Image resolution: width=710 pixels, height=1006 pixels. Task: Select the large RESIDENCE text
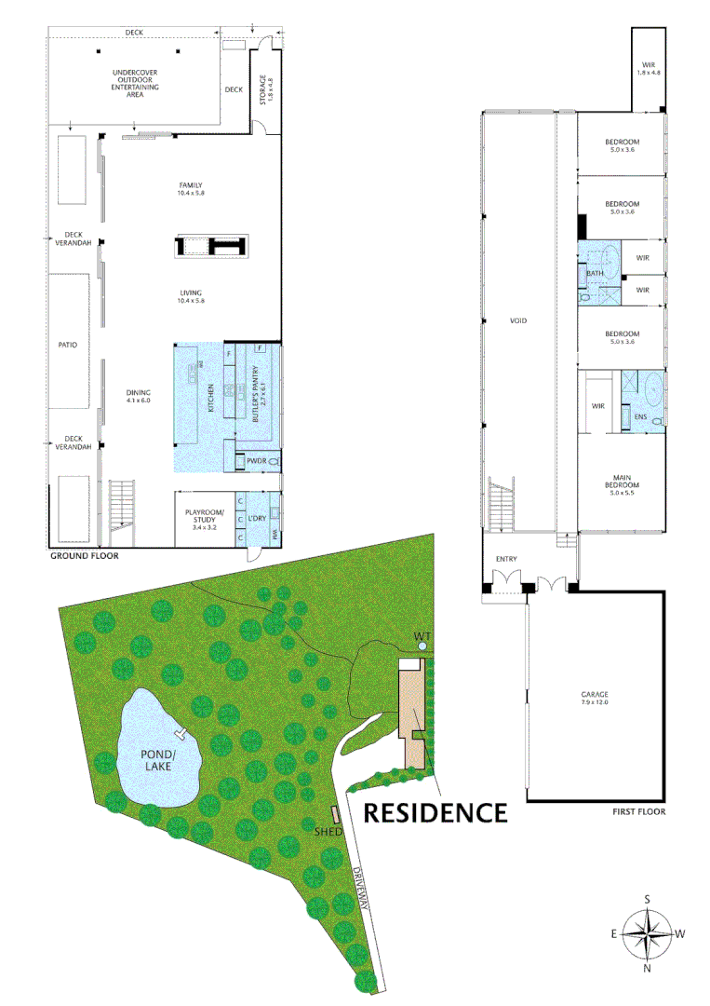tap(435, 812)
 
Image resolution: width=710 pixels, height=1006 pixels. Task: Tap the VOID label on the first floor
tap(518, 320)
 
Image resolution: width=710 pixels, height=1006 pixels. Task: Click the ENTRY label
tap(507, 559)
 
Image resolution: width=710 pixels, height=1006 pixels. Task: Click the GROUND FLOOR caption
tap(85, 556)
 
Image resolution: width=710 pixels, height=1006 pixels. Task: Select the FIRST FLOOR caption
tap(638, 811)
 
